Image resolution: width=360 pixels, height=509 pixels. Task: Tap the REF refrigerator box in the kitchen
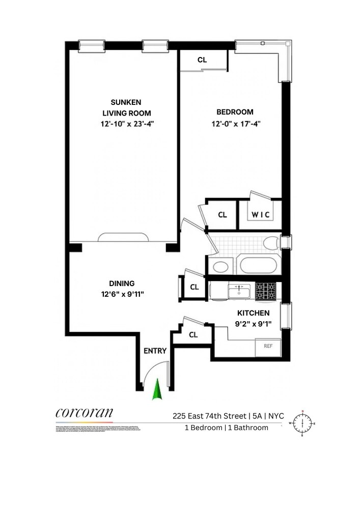pyautogui.click(x=268, y=346)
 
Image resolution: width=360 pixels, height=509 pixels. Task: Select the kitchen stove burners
pyautogui.click(x=265, y=291)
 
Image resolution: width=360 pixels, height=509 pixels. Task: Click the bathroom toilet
pyautogui.click(x=271, y=242)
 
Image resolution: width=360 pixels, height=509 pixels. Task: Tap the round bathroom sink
pyautogui.click(x=220, y=266)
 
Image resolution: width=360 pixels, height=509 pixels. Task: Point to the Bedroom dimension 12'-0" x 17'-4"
pyautogui.click(x=235, y=123)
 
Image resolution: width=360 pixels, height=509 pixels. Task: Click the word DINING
pyautogui.click(x=122, y=284)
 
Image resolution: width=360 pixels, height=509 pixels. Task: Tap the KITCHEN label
pyautogui.click(x=253, y=313)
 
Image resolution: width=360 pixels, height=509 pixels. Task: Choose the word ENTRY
pyautogui.click(x=155, y=351)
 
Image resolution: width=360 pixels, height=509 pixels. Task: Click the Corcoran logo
pyautogui.click(x=84, y=413)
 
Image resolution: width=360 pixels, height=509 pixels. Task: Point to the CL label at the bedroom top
pyautogui.click(x=202, y=60)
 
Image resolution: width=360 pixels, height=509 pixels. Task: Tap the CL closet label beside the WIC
pyautogui.click(x=222, y=215)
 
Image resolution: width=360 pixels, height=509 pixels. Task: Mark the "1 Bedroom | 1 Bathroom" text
pyautogui.click(x=226, y=428)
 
